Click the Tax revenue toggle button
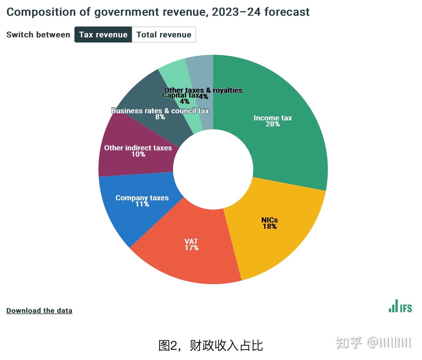coord(103,35)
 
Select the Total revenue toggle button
coord(164,35)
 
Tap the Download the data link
coord(39,310)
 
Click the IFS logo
coord(400,306)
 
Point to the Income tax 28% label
coord(273,121)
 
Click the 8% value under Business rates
coord(160,117)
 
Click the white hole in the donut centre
coord(213,169)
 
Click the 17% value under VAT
coord(191,248)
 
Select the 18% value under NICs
coord(270,226)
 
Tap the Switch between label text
coord(38,35)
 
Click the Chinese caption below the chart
coord(210,346)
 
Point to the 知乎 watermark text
coord(349,343)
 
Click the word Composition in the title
coord(41,12)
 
